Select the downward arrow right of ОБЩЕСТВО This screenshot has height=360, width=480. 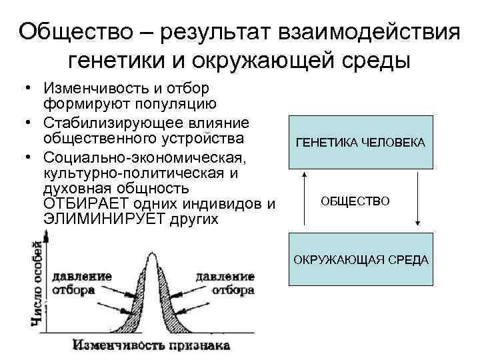coord(417,199)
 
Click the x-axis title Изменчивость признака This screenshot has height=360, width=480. coord(151,345)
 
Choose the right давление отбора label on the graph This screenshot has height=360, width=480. coord(225,282)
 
